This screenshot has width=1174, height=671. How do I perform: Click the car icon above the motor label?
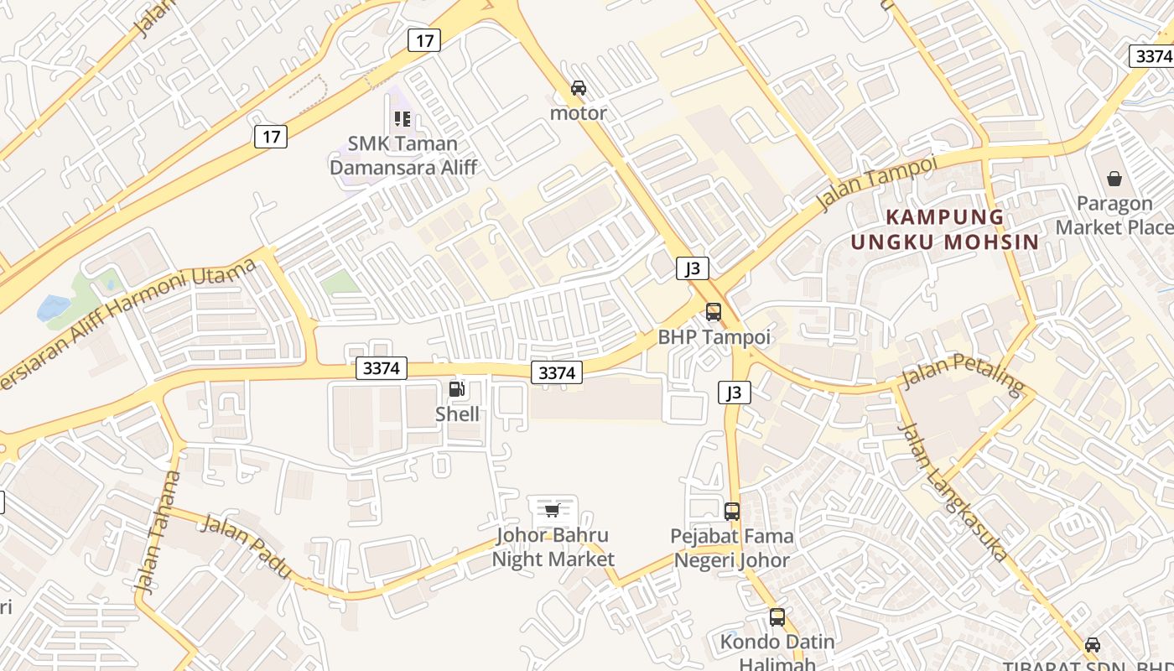578,87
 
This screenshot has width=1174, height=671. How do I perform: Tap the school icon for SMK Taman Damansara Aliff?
403,119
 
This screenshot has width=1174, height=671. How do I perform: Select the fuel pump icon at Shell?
457,388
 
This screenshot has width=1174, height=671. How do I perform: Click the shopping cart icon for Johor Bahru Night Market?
552,510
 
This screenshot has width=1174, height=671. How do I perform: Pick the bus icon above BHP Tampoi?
713,312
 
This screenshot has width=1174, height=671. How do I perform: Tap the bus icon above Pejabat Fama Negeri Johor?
732,511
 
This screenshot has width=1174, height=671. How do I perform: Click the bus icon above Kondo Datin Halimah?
777,617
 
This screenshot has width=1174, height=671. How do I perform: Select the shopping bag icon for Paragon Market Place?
1114,178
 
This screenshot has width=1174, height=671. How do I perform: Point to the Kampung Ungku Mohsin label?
945,229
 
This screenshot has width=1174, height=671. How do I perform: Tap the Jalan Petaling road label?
964,375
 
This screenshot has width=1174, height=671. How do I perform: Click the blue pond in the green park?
54,307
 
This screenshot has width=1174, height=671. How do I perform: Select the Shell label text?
457,414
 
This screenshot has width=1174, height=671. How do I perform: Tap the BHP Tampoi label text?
714,337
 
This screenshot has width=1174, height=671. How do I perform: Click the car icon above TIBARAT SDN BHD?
1092,644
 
